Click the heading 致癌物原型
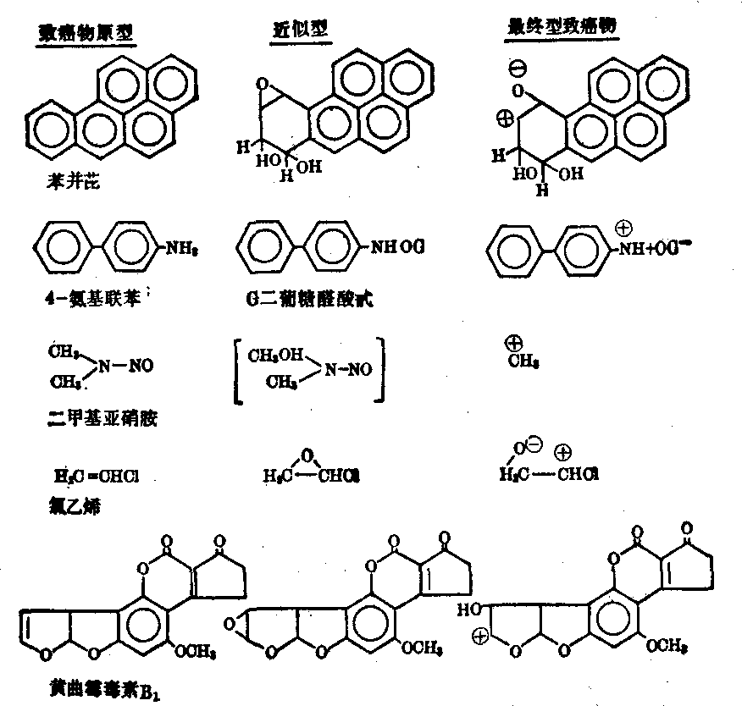point(88,32)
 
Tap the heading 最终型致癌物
point(560,27)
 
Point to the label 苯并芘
point(72,181)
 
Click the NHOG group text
point(397,247)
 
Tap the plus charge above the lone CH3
point(513,345)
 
